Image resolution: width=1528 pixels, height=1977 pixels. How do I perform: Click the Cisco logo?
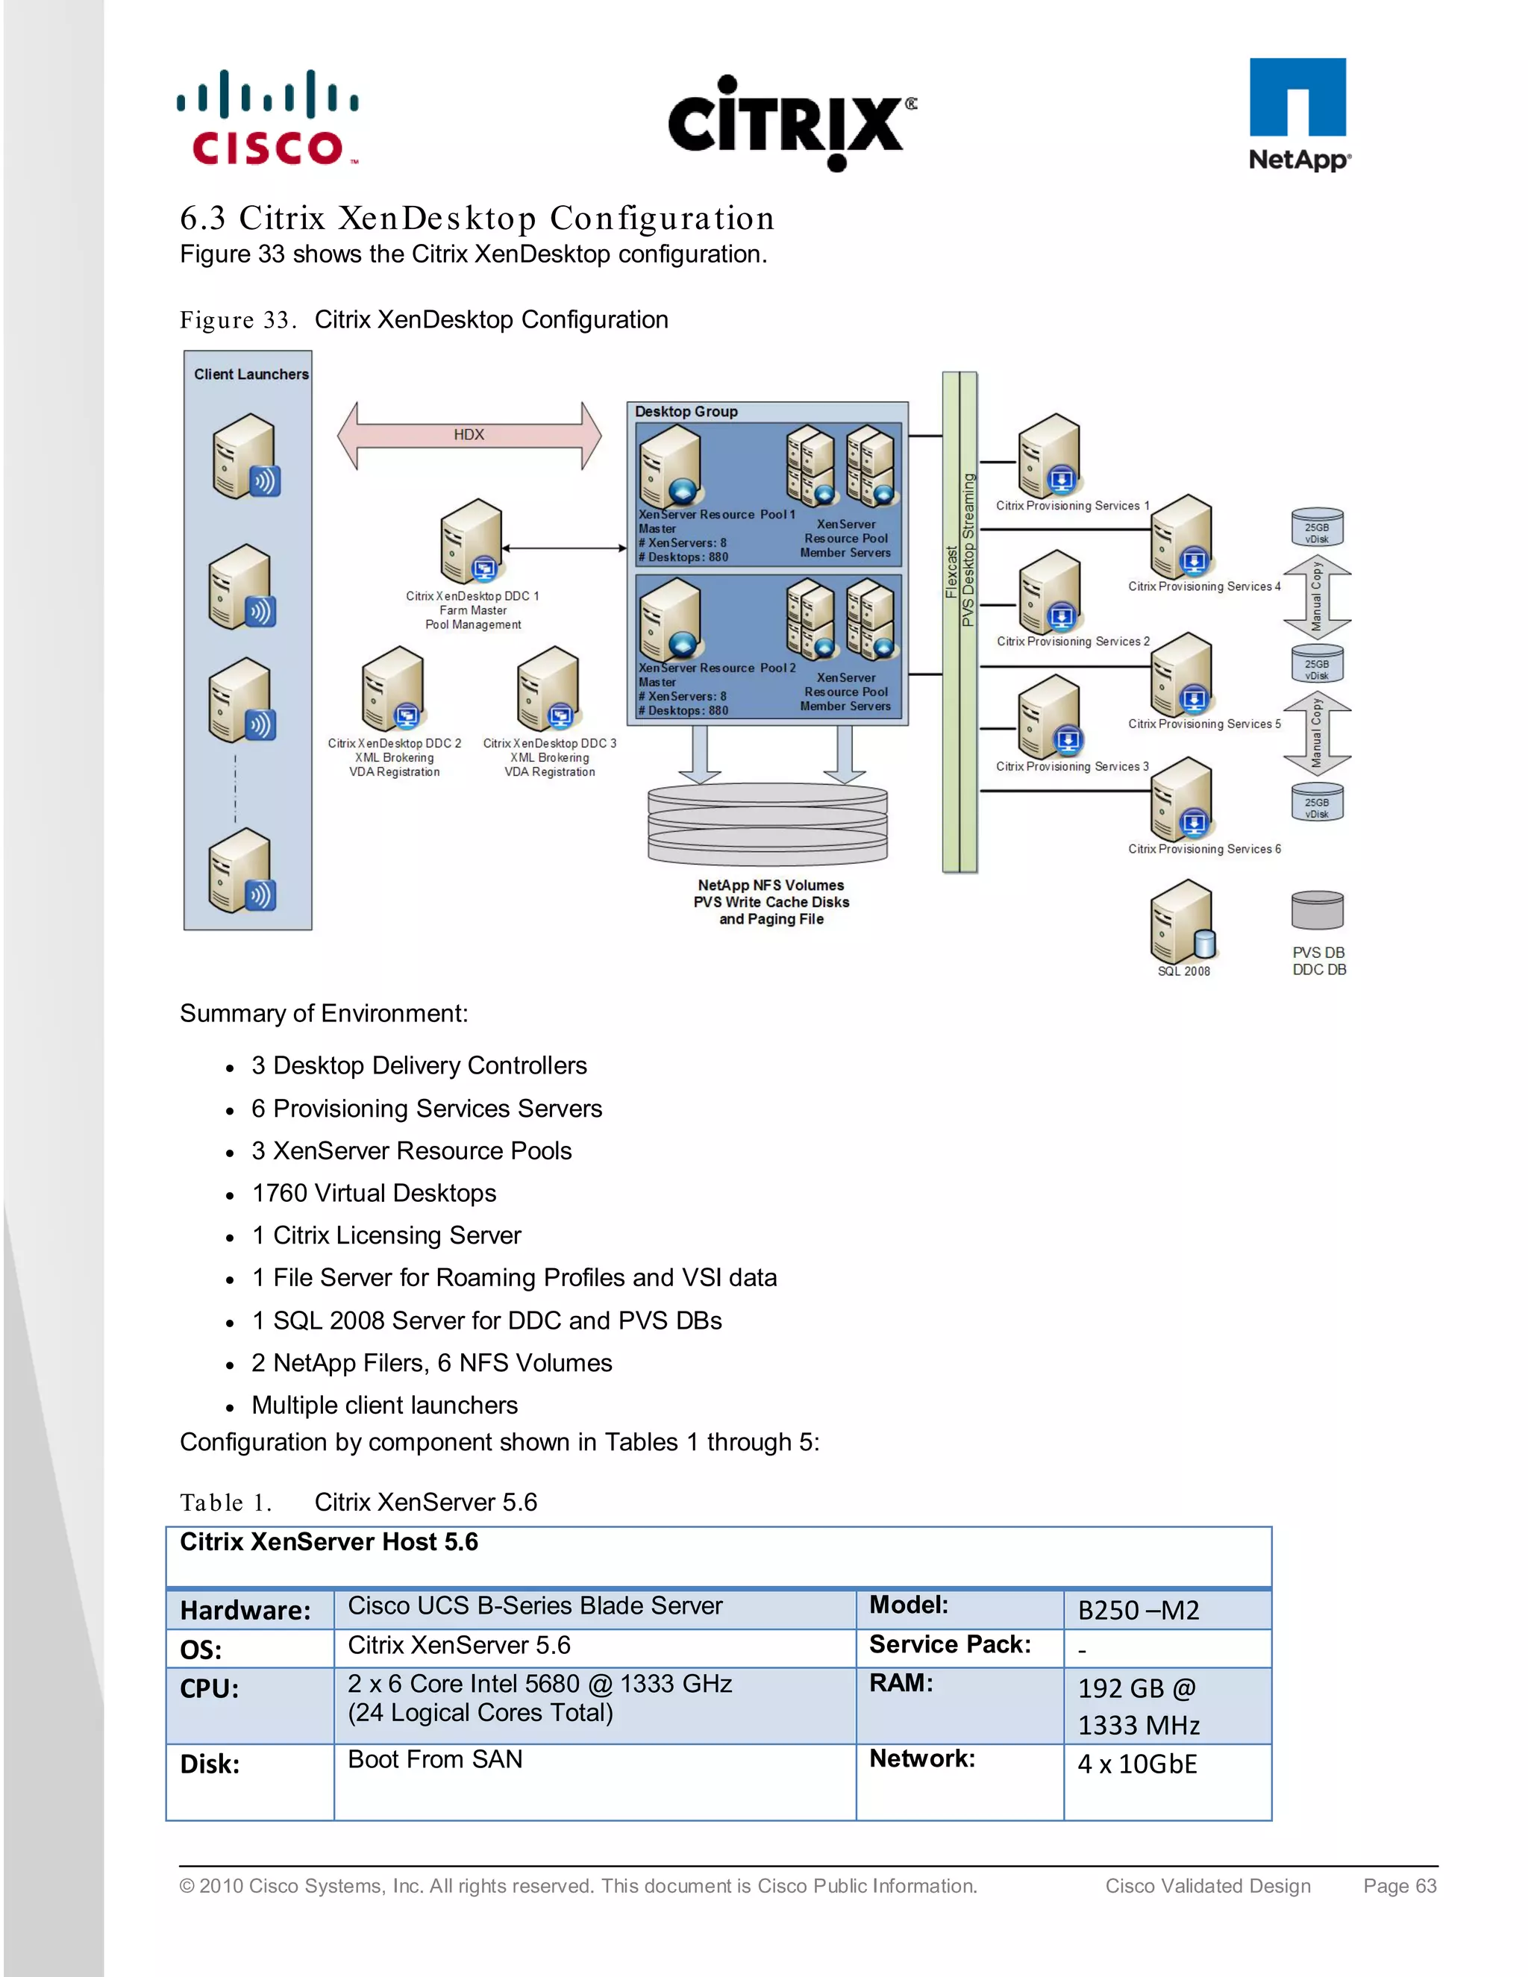pyautogui.click(x=268, y=118)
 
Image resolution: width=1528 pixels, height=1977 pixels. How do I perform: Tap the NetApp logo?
pyautogui.click(x=1299, y=114)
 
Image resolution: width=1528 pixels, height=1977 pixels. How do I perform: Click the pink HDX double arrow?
pyautogui.click(x=469, y=436)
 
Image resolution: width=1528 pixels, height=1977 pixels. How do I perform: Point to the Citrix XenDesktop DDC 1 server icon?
pyautogui.click(x=472, y=542)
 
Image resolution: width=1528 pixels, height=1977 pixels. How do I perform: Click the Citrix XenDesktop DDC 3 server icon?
pyautogui.click(x=548, y=689)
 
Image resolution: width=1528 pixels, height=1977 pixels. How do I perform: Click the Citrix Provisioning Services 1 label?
pyautogui.click(x=1072, y=506)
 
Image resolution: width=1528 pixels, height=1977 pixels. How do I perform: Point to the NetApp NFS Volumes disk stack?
pyautogui.click(x=768, y=824)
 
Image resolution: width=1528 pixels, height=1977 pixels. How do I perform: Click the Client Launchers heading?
pyautogui.click(x=251, y=375)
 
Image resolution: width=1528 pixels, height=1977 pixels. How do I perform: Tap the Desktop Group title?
pyautogui.click(x=686, y=412)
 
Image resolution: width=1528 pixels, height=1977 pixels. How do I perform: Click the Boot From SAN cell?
pyautogui.click(x=436, y=1760)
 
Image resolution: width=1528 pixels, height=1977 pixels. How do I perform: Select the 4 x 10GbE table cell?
pyautogui.click(x=1137, y=1764)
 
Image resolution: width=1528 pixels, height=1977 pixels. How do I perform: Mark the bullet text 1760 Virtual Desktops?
pyautogui.click(x=374, y=1193)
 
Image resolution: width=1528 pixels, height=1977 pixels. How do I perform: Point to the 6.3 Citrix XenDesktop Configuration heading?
pyautogui.click(x=477, y=218)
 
